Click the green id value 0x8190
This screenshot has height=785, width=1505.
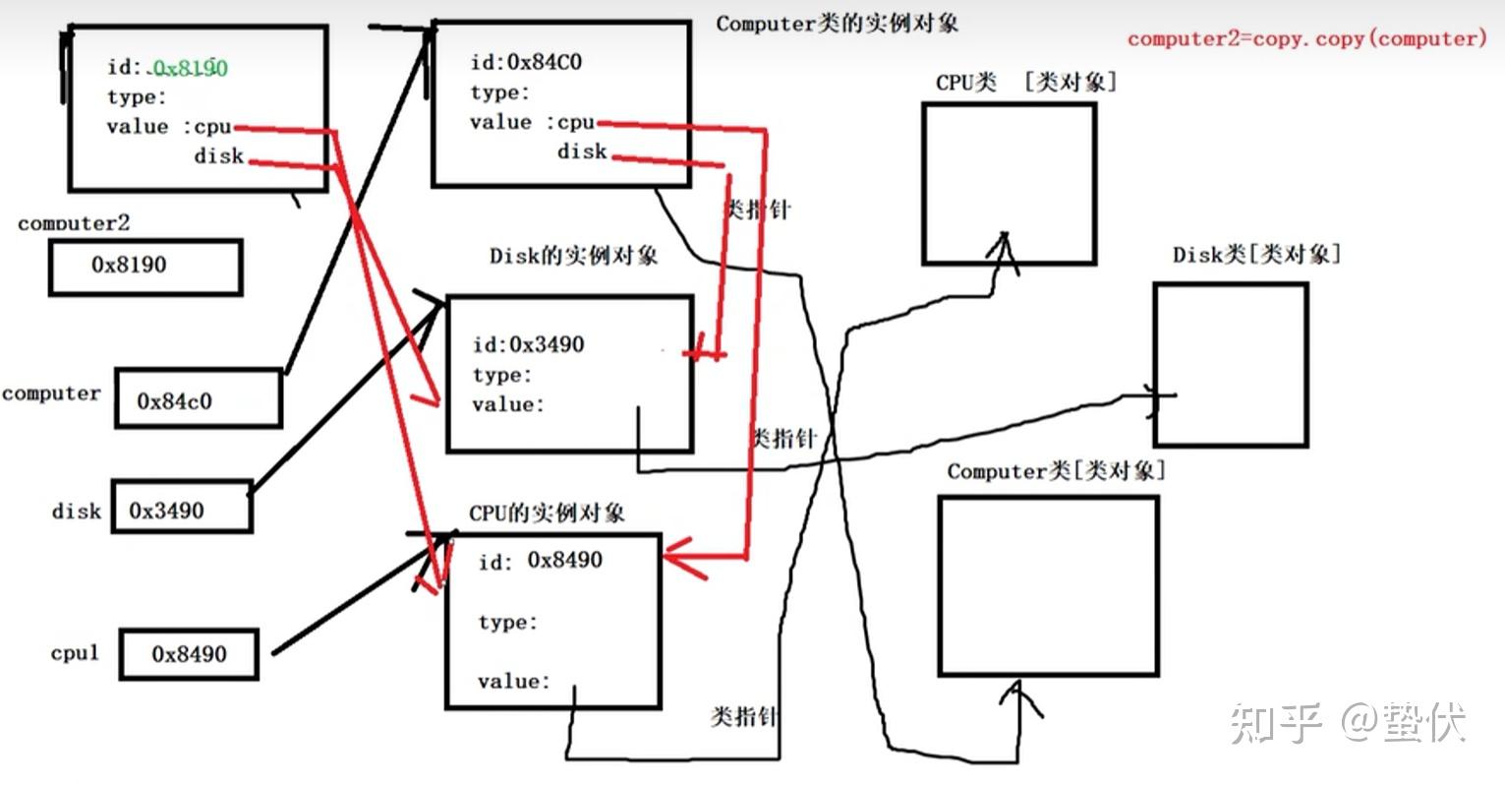(x=190, y=68)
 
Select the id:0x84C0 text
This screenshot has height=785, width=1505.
(x=526, y=63)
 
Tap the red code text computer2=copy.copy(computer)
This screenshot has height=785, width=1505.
(x=1306, y=39)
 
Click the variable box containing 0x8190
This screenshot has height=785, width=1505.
(x=145, y=267)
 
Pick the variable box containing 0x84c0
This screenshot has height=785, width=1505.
(x=199, y=397)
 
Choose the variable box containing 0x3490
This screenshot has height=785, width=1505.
(x=182, y=507)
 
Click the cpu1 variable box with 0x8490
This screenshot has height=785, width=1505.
(x=189, y=654)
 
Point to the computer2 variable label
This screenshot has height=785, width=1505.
(x=74, y=223)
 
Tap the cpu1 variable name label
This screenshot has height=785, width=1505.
(x=75, y=652)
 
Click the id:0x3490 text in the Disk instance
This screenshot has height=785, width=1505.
(x=529, y=344)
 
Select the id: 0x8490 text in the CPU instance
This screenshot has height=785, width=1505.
(x=541, y=560)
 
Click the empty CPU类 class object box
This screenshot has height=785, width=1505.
(x=1010, y=184)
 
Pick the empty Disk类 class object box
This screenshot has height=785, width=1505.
(x=1231, y=364)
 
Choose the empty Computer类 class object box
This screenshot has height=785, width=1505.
(x=1049, y=585)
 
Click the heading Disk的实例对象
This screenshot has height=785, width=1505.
(x=573, y=256)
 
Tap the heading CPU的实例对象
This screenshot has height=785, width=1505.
(x=547, y=513)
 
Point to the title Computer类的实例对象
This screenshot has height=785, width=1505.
(x=838, y=24)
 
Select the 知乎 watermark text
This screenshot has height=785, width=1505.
(x=1276, y=723)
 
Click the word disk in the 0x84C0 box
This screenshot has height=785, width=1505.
(x=582, y=151)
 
